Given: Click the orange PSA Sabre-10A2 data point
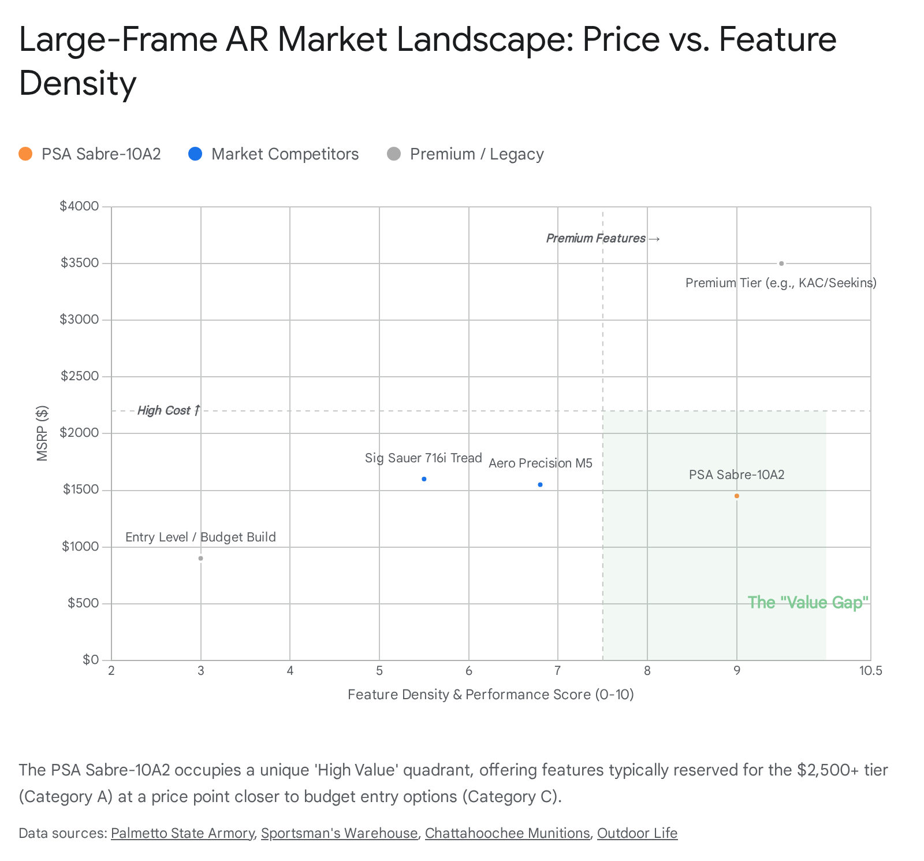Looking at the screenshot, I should point(736,496).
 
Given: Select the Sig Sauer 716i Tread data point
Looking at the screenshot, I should point(424,479).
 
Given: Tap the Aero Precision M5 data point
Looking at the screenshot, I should point(540,485).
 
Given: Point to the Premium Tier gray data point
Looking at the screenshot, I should point(781,264).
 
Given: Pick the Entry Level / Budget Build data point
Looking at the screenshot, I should point(200,558).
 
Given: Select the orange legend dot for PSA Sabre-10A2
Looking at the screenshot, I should point(25,154).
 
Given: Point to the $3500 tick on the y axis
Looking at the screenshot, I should point(80,264).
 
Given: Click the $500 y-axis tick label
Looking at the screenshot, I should point(83,603).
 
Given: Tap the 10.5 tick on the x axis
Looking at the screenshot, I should point(870,671).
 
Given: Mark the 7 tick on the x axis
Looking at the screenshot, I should point(557,671).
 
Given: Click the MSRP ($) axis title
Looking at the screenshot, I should point(42,433).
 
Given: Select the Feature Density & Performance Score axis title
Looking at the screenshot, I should point(490,695).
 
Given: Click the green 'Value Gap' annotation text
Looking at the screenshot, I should point(808,603).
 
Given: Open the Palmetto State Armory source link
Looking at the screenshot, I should point(182,833).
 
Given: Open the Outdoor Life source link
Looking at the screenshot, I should point(637,833).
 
